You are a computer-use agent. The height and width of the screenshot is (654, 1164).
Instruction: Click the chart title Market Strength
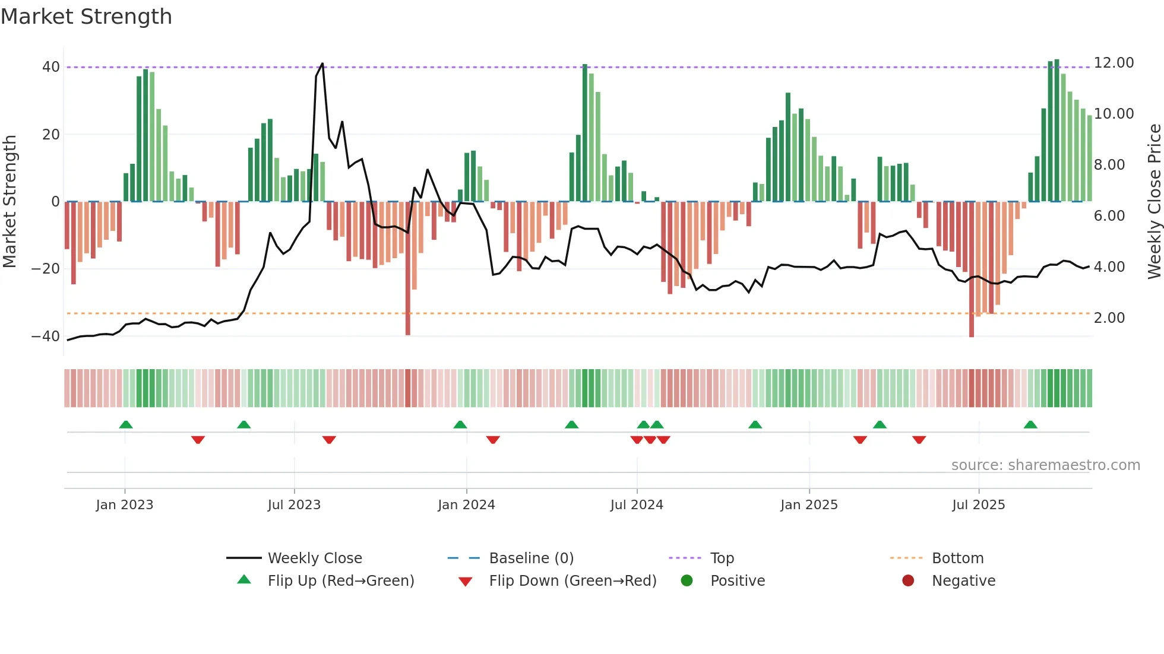[86, 17]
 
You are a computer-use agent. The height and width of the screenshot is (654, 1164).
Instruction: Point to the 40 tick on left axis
[50, 67]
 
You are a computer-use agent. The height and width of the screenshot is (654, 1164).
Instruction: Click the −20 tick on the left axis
[46, 269]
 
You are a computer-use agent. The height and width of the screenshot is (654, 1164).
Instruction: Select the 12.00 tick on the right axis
[1114, 63]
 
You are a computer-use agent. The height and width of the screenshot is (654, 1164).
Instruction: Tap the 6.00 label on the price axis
[1109, 216]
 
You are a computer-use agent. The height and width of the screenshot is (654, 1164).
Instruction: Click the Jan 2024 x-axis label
[466, 505]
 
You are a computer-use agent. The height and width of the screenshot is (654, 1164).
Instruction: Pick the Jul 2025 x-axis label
[978, 505]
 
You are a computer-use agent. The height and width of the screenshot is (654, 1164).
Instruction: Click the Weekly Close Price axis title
[1154, 201]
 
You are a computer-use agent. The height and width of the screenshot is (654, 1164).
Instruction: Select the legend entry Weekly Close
[314, 558]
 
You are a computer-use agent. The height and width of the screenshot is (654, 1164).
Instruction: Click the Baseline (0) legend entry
[531, 558]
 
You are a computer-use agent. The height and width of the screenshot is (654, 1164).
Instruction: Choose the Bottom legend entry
[957, 558]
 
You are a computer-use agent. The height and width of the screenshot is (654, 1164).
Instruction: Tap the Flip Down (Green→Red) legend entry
[572, 581]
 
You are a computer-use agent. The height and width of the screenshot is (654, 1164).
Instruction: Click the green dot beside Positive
[687, 581]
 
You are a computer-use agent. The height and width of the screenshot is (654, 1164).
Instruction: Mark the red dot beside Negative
[907, 581]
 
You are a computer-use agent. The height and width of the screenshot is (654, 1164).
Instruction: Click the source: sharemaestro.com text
[1045, 465]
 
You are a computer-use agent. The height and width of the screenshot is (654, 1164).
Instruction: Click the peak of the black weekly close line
[322, 64]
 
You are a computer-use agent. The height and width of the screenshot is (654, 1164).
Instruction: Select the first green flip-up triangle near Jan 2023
[125, 424]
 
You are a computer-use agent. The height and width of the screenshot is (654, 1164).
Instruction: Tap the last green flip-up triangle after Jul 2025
[1030, 424]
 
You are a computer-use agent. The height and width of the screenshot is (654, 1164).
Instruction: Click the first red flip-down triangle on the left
[198, 440]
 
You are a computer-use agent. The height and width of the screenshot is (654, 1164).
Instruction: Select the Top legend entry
[722, 558]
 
